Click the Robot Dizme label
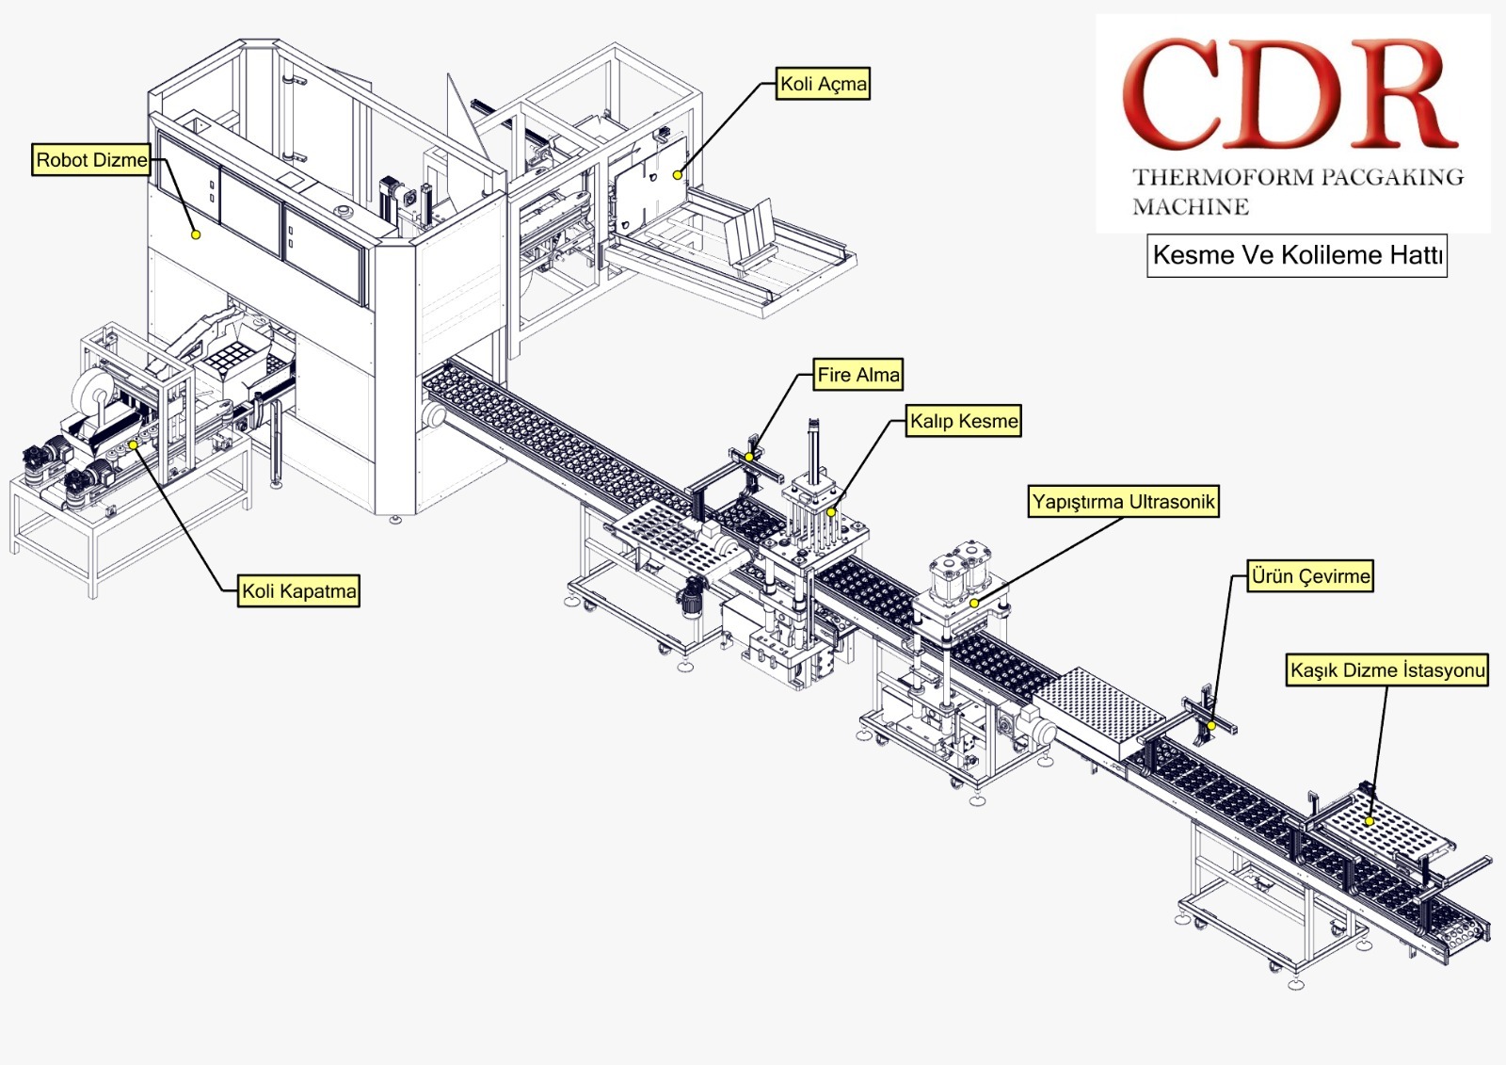click(x=91, y=160)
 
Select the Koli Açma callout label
click(x=823, y=84)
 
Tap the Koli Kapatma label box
click(x=299, y=591)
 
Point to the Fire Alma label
click(x=857, y=375)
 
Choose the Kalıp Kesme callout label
click(x=964, y=421)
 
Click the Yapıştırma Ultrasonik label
click(x=1124, y=502)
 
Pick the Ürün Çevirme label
click(x=1310, y=576)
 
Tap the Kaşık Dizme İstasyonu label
click(x=1387, y=670)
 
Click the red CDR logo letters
click(x=1290, y=94)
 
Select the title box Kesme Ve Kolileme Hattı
click(x=1296, y=255)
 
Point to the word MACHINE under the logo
click(x=1191, y=207)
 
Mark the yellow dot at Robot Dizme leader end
click(x=196, y=234)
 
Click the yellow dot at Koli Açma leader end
click(x=677, y=175)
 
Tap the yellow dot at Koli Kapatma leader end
click(x=134, y=444)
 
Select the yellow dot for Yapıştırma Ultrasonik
click(x=975, y=603)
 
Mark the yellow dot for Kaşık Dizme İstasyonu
click(x=1370, y=821)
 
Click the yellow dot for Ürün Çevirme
click(x=1211, y=726)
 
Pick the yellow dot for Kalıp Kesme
click(x=831, y=512)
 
